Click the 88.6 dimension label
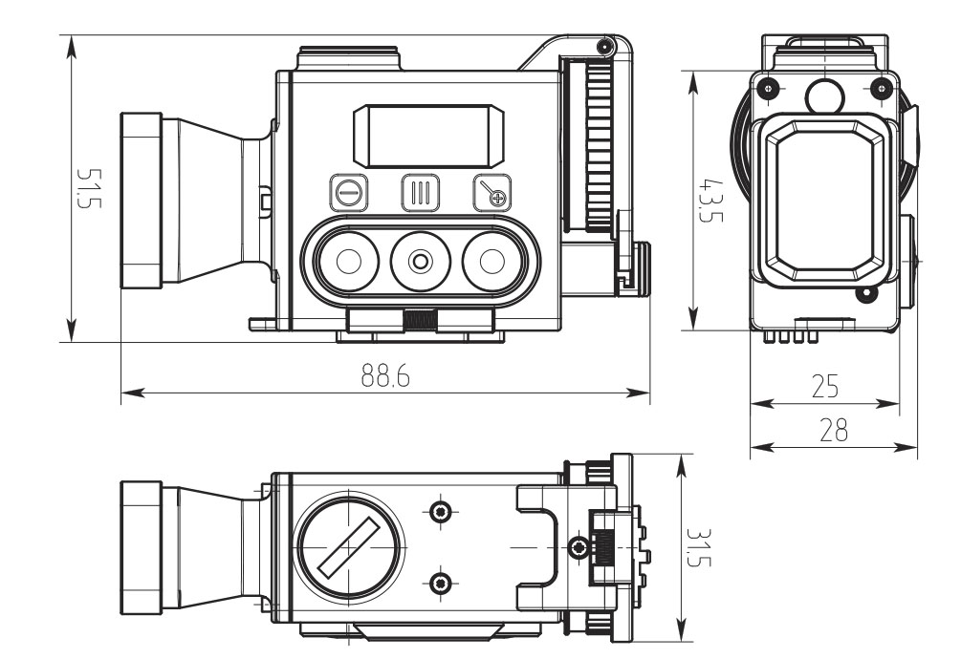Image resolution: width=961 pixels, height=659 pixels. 385,375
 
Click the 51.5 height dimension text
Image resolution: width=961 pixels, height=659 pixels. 88,188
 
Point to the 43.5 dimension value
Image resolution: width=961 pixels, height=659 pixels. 710,200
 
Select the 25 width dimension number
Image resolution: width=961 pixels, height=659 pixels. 824,386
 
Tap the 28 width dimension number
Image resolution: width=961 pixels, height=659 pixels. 834,430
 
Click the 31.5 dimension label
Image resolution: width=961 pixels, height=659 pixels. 697,547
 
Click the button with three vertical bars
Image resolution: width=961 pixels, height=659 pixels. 421,193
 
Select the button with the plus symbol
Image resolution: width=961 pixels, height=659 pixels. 492,193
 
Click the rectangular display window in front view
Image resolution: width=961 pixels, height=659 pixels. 429,136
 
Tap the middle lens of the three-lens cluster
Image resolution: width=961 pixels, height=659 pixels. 421,262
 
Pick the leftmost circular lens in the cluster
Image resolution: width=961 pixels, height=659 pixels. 349,262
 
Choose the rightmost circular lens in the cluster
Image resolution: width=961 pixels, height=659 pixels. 492,262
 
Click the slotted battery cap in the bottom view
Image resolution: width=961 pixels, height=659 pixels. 349,547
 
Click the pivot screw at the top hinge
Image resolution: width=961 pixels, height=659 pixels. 605,46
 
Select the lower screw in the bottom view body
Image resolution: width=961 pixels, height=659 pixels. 441,584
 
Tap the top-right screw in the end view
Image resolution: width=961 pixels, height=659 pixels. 882,88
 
